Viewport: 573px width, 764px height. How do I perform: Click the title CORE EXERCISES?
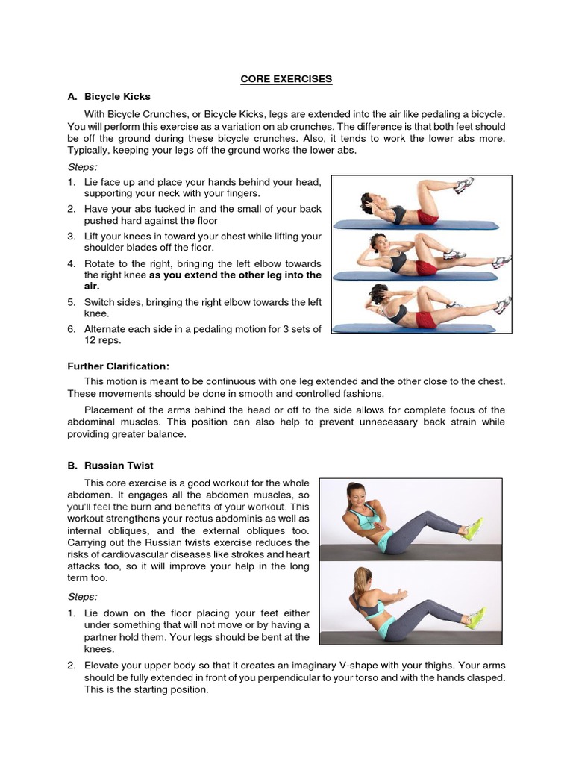[x=286, y=78]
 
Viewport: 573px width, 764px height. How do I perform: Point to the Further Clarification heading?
[x=119, y=366]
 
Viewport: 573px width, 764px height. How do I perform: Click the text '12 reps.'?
[x=102, y=340]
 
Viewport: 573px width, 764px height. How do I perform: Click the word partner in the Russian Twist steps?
[x=105, y=637]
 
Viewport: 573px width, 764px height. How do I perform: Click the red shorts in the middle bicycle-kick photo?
[x=427, y=267]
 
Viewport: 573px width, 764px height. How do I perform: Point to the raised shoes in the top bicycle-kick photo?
[x=463, y=184]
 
